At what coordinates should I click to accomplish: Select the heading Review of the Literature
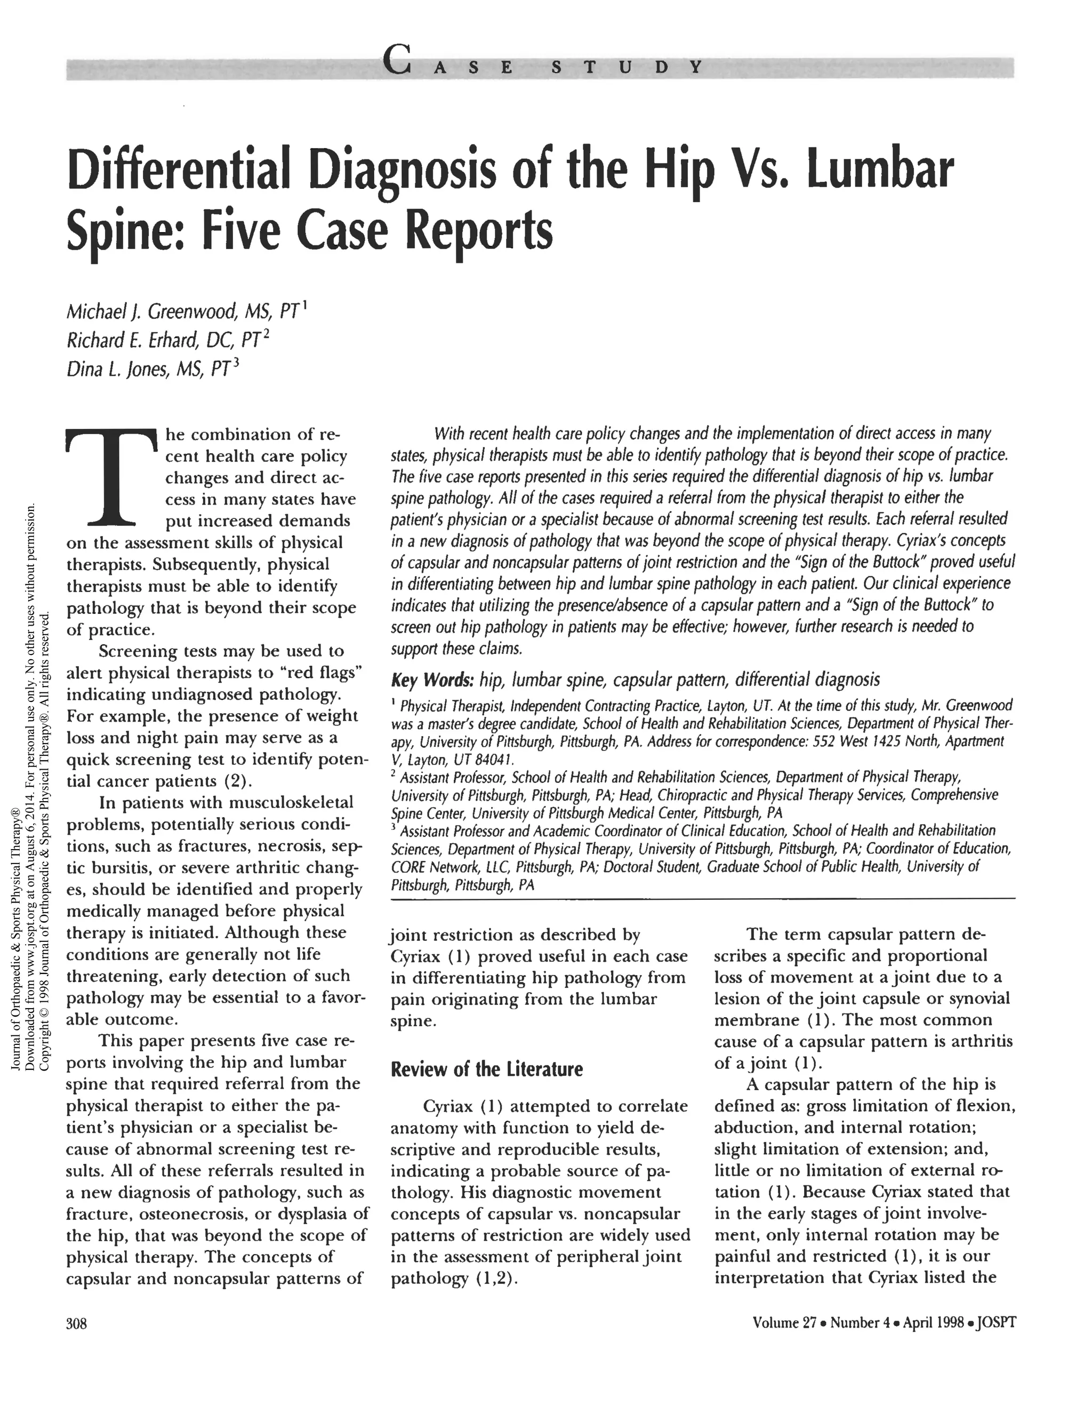(x=486, y=1068)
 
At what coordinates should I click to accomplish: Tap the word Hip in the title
(x=684, y=170)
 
